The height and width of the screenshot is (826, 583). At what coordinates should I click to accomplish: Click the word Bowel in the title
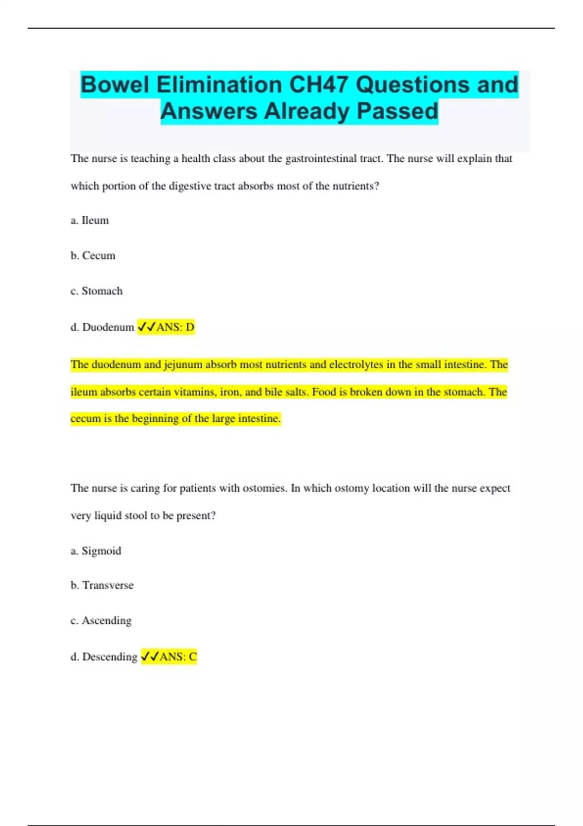(115, 85)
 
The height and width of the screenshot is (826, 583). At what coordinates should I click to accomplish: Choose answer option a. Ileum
(90, 221)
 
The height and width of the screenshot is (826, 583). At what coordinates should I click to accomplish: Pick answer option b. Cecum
(93, 256)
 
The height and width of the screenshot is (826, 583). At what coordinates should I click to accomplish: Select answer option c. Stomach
(97, 291)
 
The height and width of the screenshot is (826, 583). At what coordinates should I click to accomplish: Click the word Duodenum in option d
(108, 327)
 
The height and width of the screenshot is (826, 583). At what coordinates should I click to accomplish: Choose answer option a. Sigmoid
(96, 551)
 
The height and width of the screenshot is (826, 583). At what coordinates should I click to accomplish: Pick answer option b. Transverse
(102, 585)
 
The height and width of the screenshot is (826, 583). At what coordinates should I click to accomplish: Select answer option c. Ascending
(101, 621)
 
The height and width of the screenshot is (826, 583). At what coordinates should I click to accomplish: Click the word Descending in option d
(110, 657)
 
